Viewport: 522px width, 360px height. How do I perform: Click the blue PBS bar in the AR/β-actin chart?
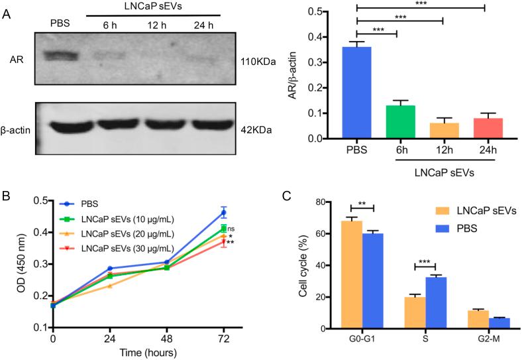coord(376,92)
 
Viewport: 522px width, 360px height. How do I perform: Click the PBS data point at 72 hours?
coord(224,213)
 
